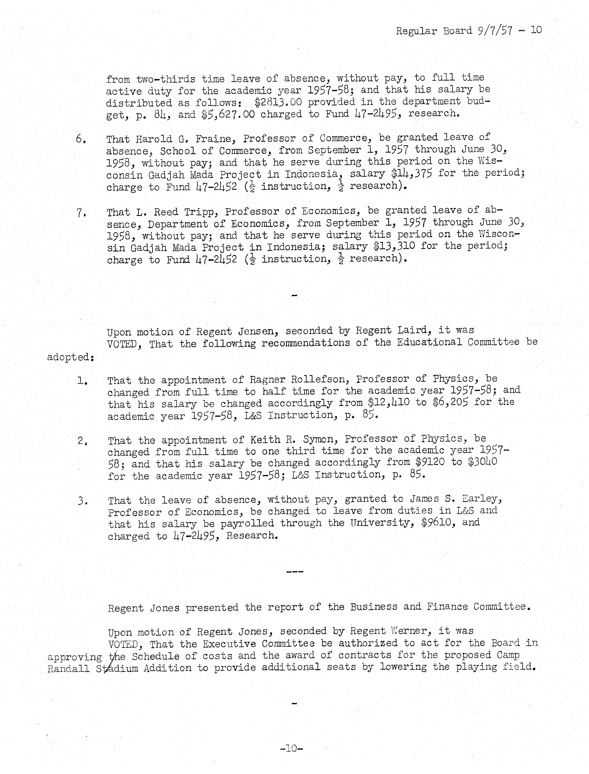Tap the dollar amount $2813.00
click(278, 102)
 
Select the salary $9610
click(438, 523)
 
